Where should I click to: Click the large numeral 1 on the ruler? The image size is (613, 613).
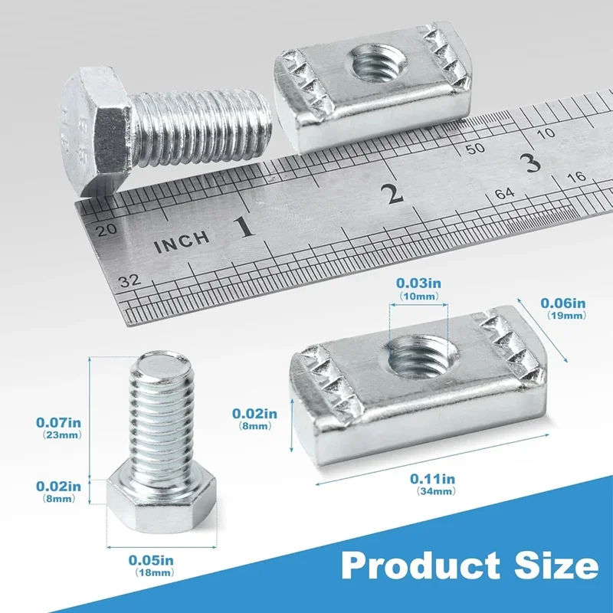pyautogui.click(x=244, y=227)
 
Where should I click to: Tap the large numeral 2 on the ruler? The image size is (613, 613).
pyautogui.click(x=393, y=194)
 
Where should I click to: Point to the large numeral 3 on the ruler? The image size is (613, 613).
pyautogui.click(x=532, y=162)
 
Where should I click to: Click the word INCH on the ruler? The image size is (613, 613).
pyautogui.click(x=182, y=242)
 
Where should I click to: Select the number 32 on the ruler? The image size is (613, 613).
pyautogui.click(x=130, y=280)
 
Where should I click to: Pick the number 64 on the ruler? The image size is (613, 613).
pyautogui.click(x=504, y=194)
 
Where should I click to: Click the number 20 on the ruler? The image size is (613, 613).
pyautogui.click(x=107, y=229)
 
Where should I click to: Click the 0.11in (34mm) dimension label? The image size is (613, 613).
pyautogui.click(x=433, y=484)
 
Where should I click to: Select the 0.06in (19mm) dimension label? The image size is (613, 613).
pyautogui.click(x=563, y=309)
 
